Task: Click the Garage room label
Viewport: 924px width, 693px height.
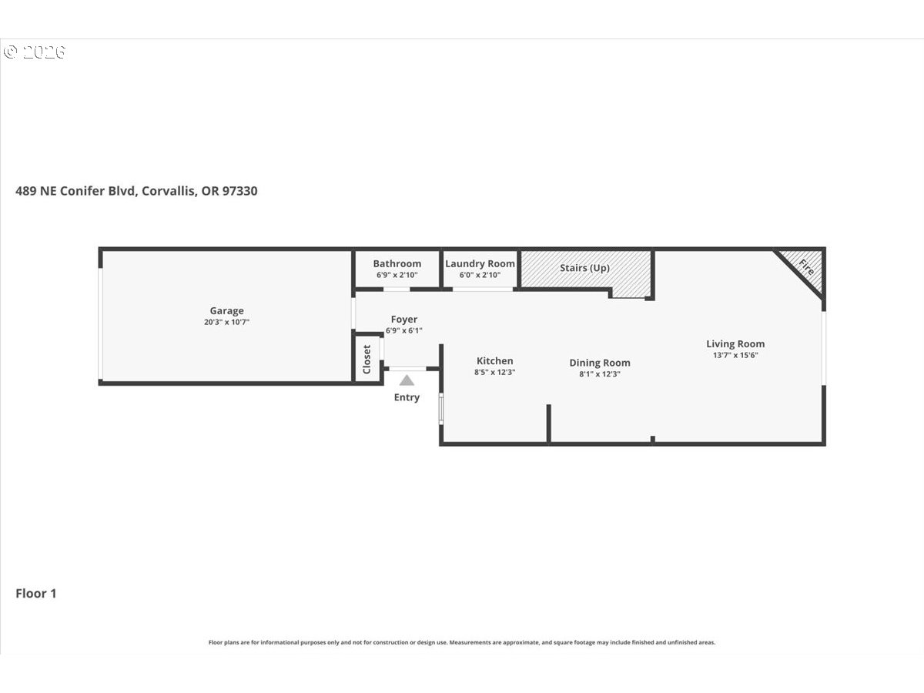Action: pos(226,311)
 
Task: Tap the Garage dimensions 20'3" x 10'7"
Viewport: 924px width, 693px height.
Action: pos(226,323)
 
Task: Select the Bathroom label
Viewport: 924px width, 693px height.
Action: pos(397,264)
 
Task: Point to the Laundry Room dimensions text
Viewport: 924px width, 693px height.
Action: pos(480,275)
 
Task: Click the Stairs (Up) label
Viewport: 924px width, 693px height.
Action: pos(584,268)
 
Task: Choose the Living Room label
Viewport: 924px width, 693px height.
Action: pos(735,343)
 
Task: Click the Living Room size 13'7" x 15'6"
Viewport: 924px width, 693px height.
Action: pos(735,355)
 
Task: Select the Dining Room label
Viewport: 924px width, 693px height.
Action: pos(600,363)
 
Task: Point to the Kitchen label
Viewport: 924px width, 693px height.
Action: pos(494,361)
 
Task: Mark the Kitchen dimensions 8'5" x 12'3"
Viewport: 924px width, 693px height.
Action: pos(494,373)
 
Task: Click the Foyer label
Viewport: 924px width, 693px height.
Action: pos(404,320)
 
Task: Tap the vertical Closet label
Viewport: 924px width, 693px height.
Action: pos(367,360)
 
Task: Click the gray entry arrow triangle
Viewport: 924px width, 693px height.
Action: pos(407,380)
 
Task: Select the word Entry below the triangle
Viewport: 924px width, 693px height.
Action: pos(407,397)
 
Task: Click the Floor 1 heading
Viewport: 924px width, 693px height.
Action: pos(35,594)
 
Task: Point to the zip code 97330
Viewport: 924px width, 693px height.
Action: pos(239,191)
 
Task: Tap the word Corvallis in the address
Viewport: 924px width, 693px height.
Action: pos(169,192)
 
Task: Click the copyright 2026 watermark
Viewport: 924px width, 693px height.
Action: pos(34,52)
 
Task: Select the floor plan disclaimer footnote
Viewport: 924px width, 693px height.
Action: pos(462,642)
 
